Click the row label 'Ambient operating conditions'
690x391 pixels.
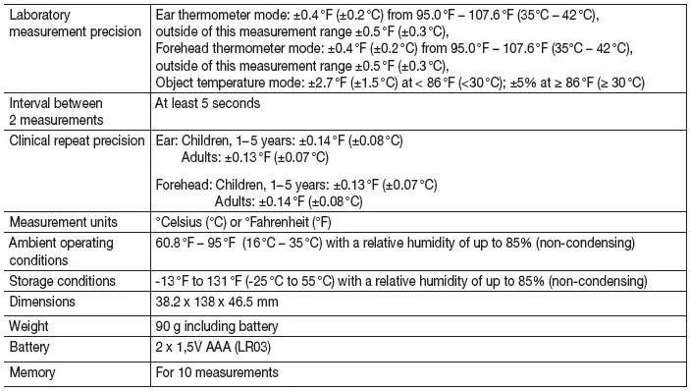61,251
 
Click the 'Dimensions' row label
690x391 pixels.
43,304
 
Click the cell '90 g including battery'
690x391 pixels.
217,326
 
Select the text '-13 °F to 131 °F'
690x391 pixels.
208,281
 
